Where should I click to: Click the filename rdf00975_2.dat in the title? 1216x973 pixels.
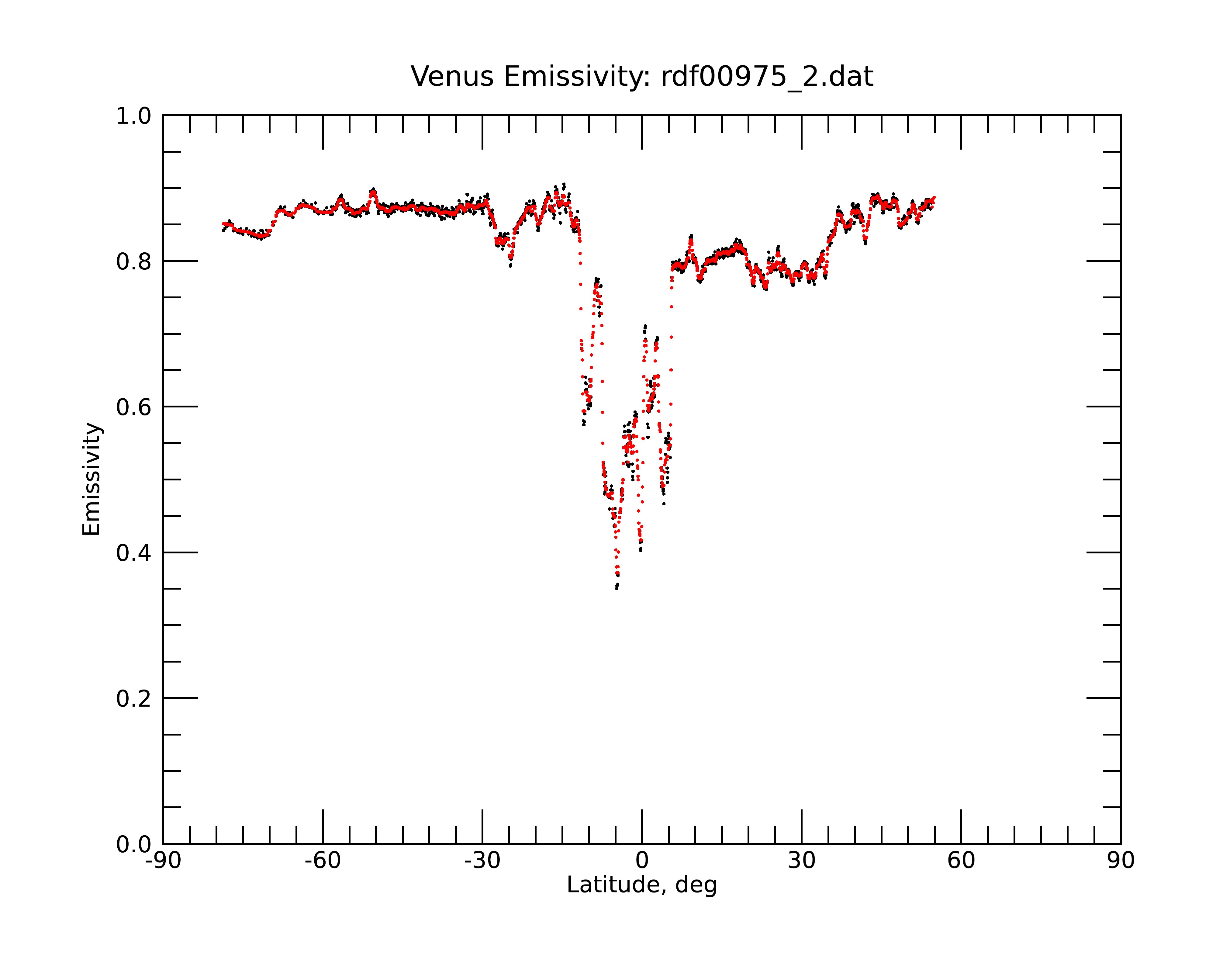tap(767, 77)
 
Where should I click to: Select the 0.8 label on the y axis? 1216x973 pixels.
tap(134, 261)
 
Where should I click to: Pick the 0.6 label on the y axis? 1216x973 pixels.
tap(134, 407)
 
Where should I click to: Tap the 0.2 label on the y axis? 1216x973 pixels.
tap(134, 698)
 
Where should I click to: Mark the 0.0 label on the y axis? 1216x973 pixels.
tap(134, 844)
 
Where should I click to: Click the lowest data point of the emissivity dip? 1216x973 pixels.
tap(617, 588)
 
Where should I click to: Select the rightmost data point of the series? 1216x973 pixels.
tap(934, 197)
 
